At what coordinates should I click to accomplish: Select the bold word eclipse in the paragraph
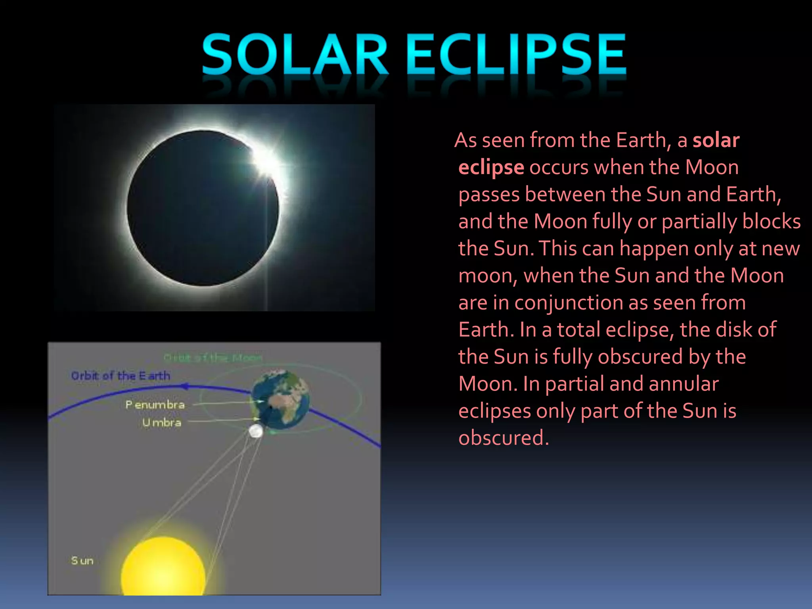491,167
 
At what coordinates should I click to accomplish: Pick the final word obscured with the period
504,438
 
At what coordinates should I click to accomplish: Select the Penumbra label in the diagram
155,405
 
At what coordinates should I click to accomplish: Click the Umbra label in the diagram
162,423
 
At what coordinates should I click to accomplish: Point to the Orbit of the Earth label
121,375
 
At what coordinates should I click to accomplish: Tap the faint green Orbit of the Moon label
213,358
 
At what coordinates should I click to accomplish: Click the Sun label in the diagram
82,561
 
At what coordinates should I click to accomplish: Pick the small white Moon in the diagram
256,431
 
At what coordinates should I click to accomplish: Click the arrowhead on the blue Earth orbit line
184,386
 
